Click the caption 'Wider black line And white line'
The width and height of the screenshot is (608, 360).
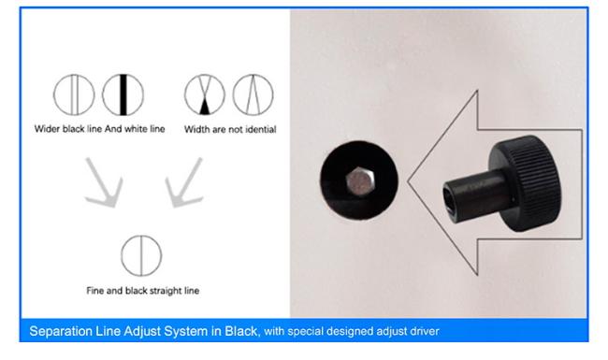pos(99,129)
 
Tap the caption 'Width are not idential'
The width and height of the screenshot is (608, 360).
pos(229,129)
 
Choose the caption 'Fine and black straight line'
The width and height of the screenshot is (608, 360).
pos(141,291)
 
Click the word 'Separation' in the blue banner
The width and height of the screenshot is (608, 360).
pos(63,330)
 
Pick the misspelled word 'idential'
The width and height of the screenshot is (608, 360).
pos(259,129)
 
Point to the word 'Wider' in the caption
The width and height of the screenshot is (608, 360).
pos(45,129)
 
